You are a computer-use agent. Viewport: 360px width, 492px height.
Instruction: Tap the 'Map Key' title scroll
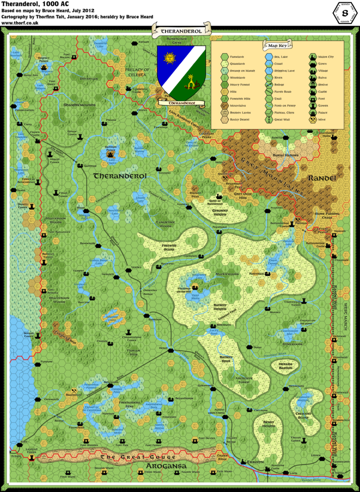[277, 46]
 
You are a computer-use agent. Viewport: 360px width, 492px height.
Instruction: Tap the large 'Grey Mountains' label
[272, 175]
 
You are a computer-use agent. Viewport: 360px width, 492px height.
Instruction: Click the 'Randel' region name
[323, 178]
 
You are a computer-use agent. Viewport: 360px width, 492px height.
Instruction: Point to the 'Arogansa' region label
[164, 466]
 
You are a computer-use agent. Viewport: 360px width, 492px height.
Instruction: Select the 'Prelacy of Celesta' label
[137, 73]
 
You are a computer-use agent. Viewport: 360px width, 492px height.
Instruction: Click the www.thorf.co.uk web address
[17, 22]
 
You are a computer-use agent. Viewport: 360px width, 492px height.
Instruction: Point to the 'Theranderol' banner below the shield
[181, 103]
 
